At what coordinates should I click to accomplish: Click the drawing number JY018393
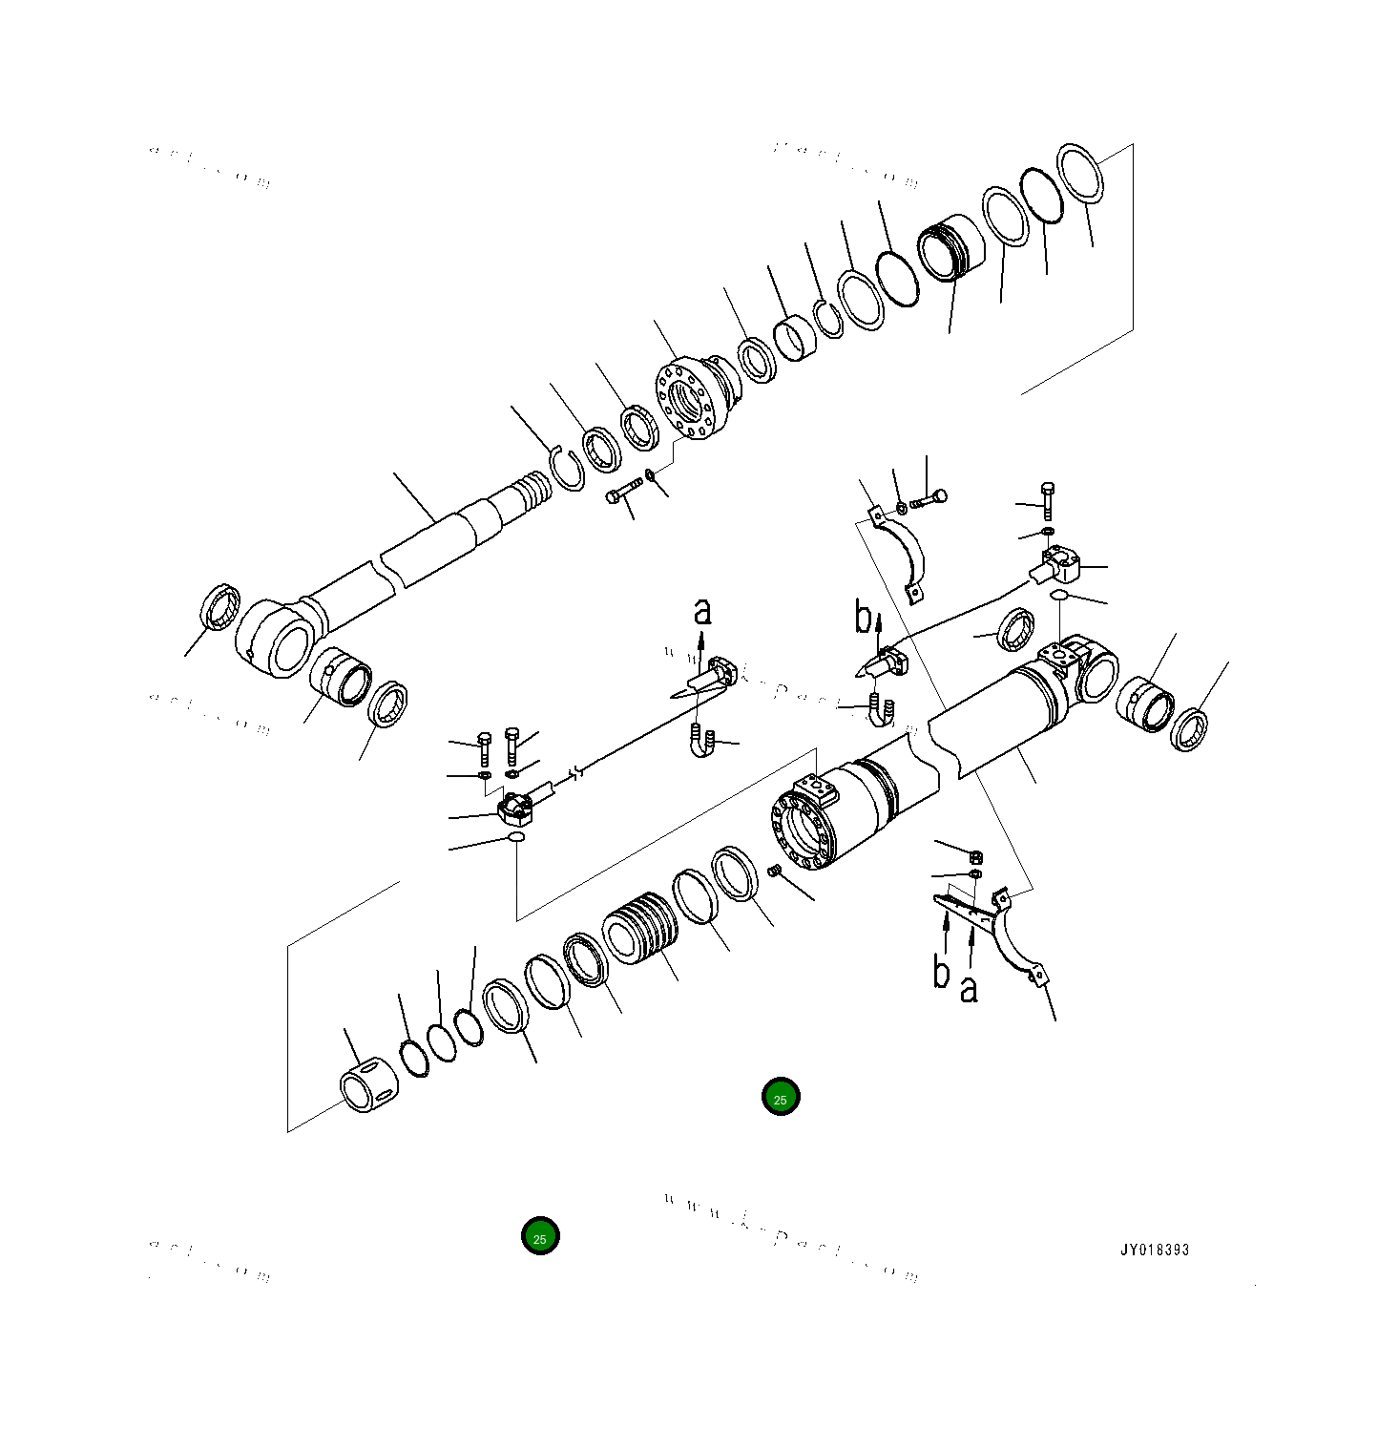[1155, 1250]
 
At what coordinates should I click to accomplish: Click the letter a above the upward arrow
[703, 611]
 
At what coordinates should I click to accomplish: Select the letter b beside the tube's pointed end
[863, 619]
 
